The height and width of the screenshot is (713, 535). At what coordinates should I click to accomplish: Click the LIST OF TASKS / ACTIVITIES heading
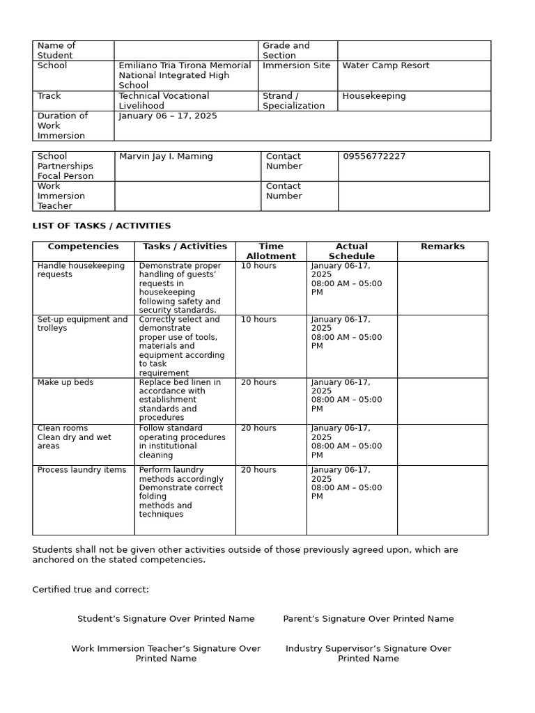pos(101,226)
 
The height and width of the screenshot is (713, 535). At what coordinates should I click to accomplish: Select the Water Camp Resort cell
pos(385,65)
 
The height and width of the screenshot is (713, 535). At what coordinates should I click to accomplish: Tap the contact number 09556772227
pos(374,157)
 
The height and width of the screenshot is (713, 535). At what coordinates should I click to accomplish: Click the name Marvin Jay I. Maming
pos(166,157)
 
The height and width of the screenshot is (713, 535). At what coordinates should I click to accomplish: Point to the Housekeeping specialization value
pos(373,96)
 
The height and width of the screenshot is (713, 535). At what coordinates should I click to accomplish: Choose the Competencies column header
pos(83,246)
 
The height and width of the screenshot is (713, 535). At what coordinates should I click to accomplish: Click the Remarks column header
pos(442,246)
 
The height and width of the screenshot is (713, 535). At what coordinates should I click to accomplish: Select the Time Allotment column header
pos(271,251)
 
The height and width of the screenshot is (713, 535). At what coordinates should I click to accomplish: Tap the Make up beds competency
pos(65,382)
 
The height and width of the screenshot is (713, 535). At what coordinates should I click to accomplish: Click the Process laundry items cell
pos(82,470)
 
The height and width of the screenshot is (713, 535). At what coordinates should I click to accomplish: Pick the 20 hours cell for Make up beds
pos(258,382)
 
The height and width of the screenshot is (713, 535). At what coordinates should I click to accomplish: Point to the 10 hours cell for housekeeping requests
pos(258,266)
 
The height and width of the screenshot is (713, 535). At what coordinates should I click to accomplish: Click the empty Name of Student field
pos(186,50)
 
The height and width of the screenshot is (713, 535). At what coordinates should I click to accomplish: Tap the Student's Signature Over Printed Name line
pos(166,618)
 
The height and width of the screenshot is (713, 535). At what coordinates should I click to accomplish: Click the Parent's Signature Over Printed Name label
pos(368,618)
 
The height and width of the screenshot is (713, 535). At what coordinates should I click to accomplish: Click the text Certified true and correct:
pos(91,590)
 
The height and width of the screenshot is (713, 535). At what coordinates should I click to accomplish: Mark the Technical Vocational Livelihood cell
pos(164,101)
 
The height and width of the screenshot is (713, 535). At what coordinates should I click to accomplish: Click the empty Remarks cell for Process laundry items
pos(442,499)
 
